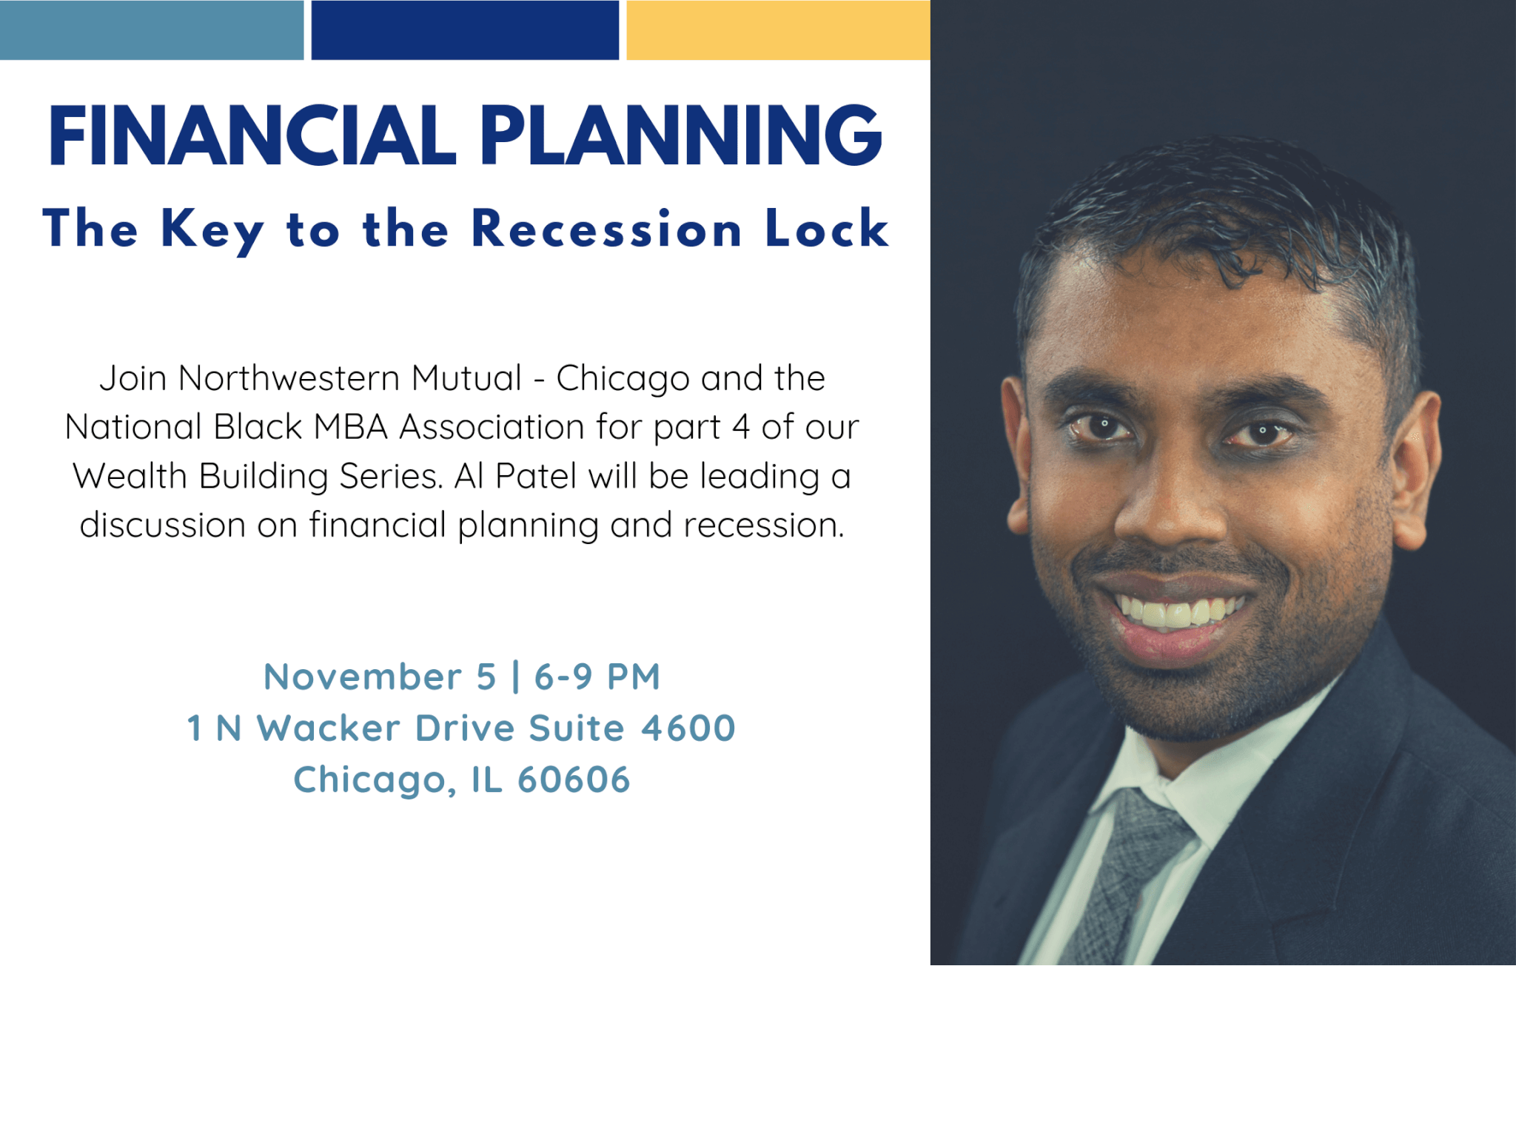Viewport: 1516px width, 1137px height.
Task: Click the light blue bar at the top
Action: point(152,30)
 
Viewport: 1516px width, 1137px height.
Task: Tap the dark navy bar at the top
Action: point(465,30)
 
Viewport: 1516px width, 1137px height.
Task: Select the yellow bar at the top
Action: point(778,30)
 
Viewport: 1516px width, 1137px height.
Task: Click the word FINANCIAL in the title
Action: point(252,135)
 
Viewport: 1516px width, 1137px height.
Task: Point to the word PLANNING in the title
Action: point(681,135)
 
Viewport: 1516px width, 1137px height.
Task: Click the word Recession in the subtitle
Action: point(606,229)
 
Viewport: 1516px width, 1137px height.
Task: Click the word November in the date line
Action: point(363,677)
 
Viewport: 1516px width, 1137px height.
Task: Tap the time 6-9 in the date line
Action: point(563,677)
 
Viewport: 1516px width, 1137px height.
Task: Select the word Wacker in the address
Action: point(329,728)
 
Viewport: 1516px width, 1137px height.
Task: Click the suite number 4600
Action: point(688,728)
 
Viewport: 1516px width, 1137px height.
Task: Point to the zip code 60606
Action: point(574,779)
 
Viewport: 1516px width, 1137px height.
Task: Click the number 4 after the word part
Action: point(740,427)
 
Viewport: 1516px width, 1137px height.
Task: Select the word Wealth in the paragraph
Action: point(130,476)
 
